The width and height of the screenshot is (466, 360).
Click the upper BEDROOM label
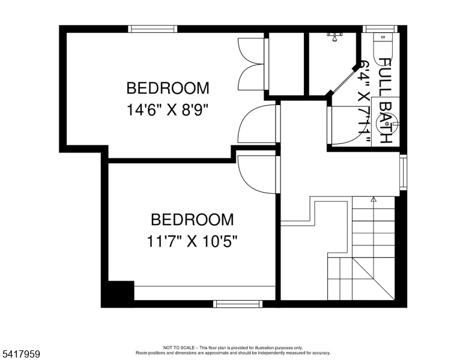point(168,88)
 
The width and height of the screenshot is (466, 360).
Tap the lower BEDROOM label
point(192,219)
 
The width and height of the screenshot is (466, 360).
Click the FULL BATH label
point(385,101)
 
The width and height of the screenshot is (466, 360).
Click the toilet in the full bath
point(382,49)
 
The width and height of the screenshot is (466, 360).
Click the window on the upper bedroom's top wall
point(153,29)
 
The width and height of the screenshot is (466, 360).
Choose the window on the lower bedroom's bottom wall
point(238,304)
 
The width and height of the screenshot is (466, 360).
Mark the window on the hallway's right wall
point(403,172)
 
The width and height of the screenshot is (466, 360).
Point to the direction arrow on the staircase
point(373,199)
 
